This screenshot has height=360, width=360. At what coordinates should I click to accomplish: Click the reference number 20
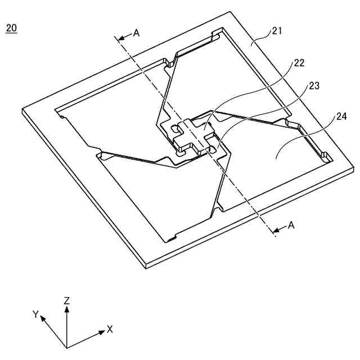11,28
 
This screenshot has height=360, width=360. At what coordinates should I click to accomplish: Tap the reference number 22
299,63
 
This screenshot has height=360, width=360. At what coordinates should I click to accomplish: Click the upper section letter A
136,33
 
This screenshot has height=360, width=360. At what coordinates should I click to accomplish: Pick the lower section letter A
291,225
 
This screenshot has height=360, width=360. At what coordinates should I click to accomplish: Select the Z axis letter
66,301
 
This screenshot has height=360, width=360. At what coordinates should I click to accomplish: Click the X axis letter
110,328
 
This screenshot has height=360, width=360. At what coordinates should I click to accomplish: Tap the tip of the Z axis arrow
66,308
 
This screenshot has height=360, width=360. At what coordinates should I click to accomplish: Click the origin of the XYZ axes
66,347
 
